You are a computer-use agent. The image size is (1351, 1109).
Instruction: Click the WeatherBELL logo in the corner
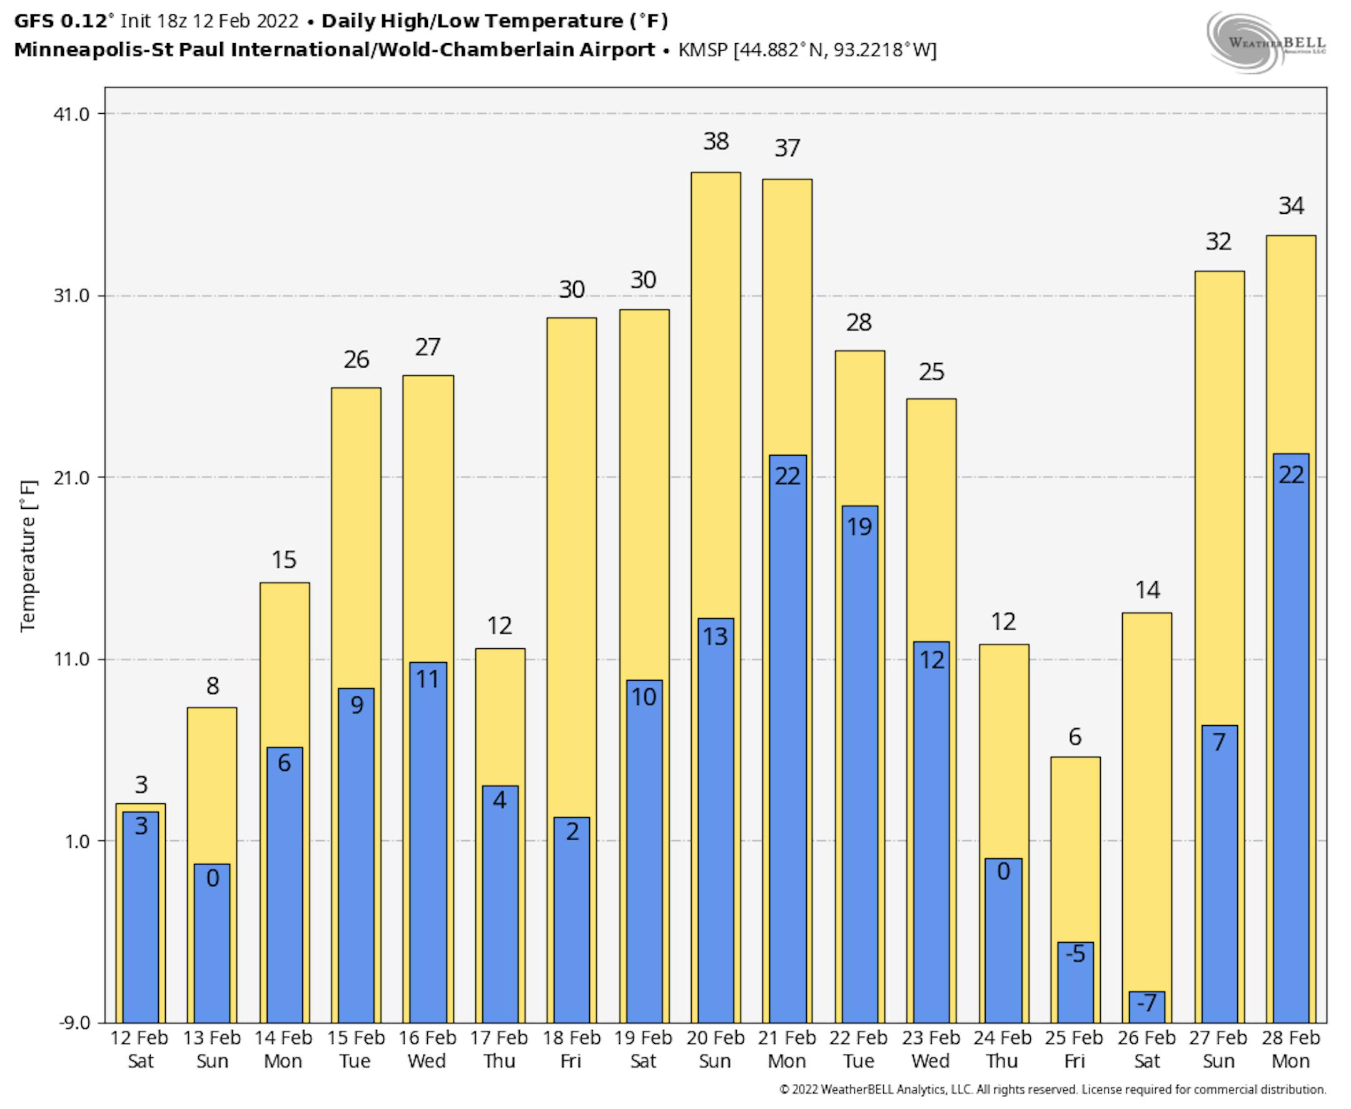click(x=1266, y=42)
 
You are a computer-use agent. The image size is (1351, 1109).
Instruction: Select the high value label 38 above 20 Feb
click(x=716, y=141)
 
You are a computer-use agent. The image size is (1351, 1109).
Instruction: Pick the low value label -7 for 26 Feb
click(x=1147, y=1002)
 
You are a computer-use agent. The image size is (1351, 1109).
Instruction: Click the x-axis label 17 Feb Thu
click(x=499, y=1049)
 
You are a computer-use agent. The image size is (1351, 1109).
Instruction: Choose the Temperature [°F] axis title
click(x=29, y=556)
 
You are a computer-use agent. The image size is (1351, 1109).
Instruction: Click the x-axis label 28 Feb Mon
click(x=1290, y=1049)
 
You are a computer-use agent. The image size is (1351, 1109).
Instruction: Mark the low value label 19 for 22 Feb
click(x=859, y=527)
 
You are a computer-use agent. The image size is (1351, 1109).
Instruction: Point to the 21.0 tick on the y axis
click(x=71, y=478)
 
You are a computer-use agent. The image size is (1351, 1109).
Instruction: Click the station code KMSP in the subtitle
click(x=703, y=50)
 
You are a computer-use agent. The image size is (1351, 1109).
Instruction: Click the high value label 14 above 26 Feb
click(x=1148, y=590)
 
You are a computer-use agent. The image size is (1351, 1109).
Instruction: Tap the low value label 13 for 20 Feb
click(x=715, y=636)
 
